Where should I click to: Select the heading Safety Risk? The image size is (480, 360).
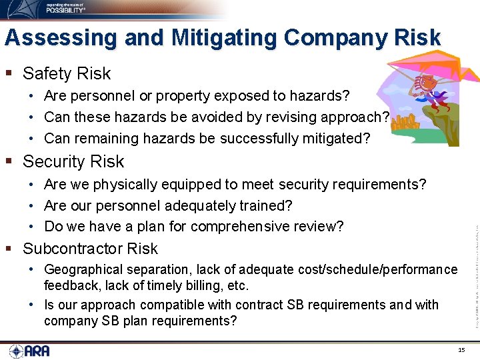click(x=67, y=73)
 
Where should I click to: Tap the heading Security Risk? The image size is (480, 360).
click(x=73, y=161)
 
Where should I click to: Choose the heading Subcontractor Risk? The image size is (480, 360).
click(x=90, y=249)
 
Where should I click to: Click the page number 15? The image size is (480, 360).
click(x=461, y=349)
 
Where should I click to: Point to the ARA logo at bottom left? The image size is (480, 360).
click(x=30, y=351)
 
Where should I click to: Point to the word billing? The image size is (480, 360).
click(x=201, y=286)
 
